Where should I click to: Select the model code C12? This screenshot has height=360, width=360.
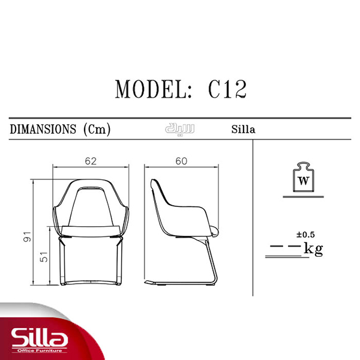coord(227,89)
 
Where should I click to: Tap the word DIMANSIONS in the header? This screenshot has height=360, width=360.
coord(43,129)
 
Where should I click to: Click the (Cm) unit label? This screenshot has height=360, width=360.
coord(97,129)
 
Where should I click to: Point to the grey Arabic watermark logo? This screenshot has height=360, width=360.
coord(180,129)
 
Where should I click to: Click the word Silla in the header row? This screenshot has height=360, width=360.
coord(243,129)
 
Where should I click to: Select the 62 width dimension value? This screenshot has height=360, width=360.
coord(91,161)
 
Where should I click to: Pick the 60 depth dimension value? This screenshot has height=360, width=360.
coord(181,161)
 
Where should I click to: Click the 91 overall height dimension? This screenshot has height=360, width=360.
coord(27,236)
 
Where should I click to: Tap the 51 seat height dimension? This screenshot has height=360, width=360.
coord(44,257)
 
